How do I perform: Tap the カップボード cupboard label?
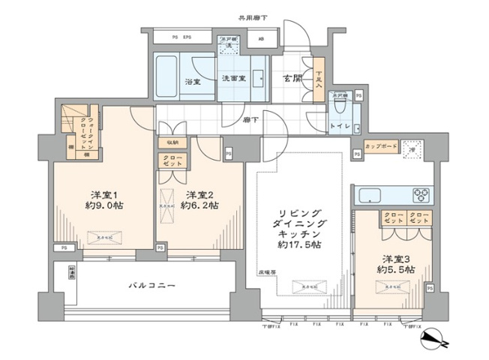tap(381, 146)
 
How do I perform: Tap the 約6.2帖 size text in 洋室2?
tap(201, 205)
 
